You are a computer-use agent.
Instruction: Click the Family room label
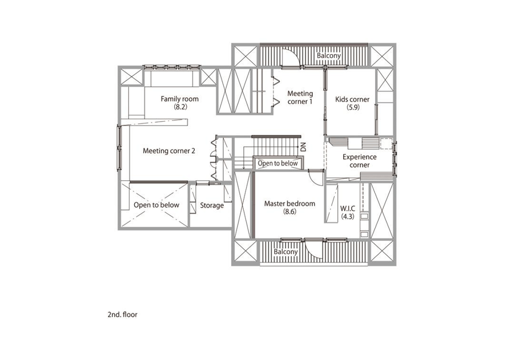(x=180, y=99)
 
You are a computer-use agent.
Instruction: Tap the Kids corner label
(x=352, y=99)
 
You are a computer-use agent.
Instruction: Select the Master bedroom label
(x=289, y=204)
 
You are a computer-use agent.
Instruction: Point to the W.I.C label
(x=348, y=208)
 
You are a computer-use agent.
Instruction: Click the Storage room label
(x=212, y=205)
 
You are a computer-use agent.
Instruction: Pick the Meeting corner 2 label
(x=169, y=151)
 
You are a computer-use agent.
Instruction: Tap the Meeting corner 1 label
(x=300, y=98)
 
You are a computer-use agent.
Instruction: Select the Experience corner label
(x=360, y=161)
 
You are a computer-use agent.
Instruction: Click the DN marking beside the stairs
(x=303, y=147)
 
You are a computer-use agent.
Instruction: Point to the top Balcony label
(x=329, y=55)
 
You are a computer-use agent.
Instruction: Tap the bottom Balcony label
(x=285, y=252)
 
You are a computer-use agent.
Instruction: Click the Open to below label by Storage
(x=156, y=205)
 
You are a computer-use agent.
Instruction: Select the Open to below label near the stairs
(x=277, y=163)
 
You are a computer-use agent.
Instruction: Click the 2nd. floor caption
(x=123, y=314)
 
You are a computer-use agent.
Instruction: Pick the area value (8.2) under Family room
(x=180, y=107)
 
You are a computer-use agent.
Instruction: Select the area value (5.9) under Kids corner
(x=353, y=107)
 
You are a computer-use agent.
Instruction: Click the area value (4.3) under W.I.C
(x=348, y=216)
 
